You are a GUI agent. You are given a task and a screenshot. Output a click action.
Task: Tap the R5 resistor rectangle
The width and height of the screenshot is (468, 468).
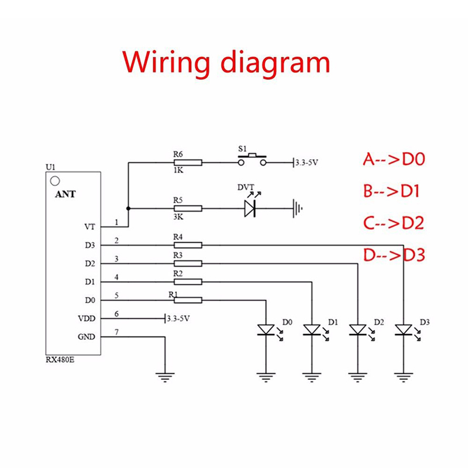tap(188, 208)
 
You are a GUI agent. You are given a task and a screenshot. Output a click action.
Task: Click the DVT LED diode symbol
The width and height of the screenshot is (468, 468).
tap(250, 208)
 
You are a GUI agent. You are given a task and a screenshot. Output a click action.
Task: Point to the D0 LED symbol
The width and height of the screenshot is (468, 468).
tap(266, 331)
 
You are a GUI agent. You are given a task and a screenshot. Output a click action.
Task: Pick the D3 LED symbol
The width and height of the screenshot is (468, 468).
tap(403, 331)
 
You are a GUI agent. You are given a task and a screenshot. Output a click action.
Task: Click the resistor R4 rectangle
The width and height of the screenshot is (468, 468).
tap(188, 245)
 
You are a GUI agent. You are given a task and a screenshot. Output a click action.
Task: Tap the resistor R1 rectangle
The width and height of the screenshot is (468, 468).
tap(188, 300)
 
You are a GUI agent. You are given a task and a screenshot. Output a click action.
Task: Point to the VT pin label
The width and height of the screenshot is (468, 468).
tap(90, 226)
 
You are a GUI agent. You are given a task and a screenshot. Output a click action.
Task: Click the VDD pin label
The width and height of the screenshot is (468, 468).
tap(87, 319)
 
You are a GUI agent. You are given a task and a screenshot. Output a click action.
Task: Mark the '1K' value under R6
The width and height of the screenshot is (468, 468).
tap(178, 171)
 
